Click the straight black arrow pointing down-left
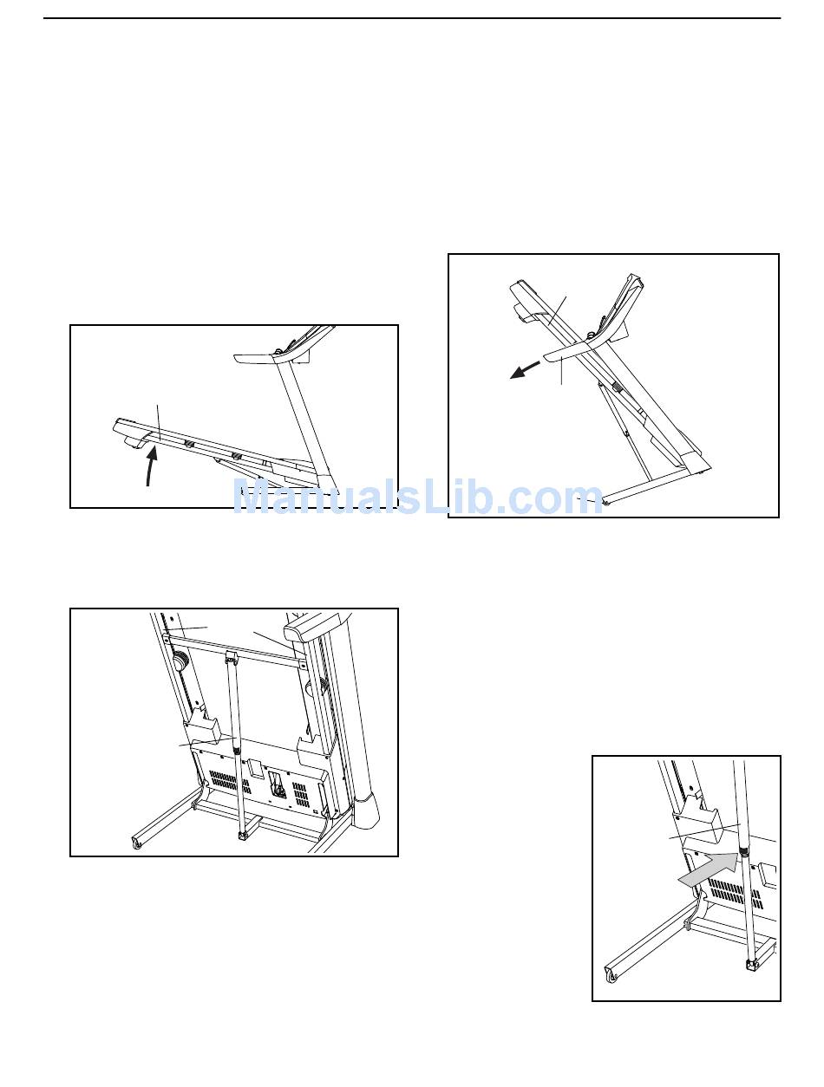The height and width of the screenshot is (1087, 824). [526, 369]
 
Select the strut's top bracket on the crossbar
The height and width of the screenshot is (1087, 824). [232, 657]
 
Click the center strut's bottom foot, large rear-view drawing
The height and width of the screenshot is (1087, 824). [242, 836]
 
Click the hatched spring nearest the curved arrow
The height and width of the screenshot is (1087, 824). [188, 443]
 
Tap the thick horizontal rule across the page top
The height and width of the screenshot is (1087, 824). [412, 18]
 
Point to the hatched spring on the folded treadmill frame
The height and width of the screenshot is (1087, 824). [618, 388]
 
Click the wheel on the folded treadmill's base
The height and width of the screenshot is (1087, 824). [606, 502]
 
